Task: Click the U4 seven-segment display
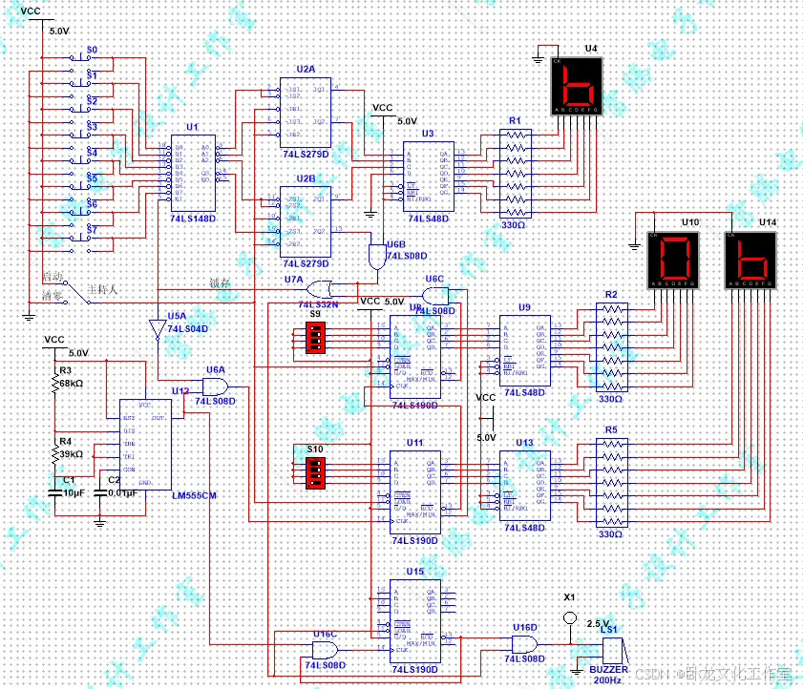click(x=577, y=86)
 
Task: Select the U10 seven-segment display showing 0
click(x=674, y=259)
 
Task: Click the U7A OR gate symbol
click(x=317, y=289)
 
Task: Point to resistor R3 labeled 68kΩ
click(x=55, y=384)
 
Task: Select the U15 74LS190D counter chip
click(x=414, y=621)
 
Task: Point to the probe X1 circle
click(x=569, y=618)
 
